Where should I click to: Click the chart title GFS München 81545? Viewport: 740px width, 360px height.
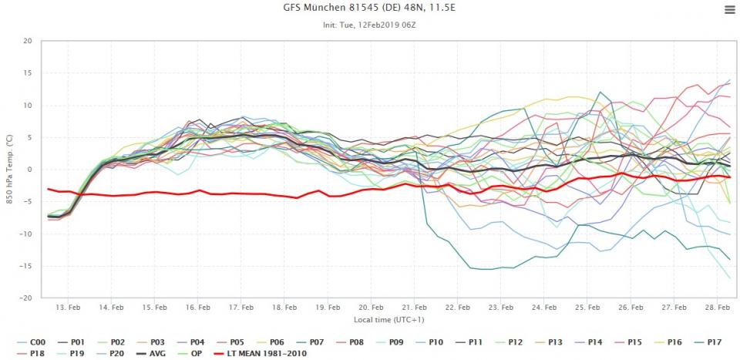370,9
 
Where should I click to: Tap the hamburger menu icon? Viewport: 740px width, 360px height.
729,9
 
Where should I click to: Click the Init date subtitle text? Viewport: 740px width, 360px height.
370,25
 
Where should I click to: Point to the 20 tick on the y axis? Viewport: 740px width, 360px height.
25,42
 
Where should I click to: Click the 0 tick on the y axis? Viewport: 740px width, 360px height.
29,170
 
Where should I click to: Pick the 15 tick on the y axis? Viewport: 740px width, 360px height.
25,73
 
